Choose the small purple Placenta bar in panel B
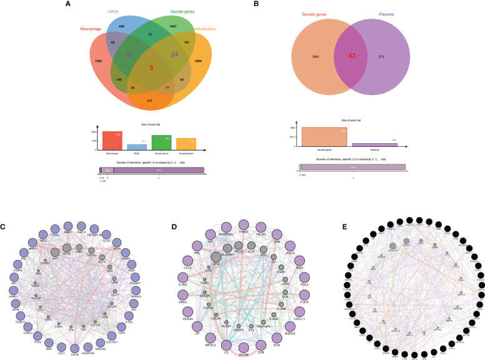[x=376, y=144]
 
